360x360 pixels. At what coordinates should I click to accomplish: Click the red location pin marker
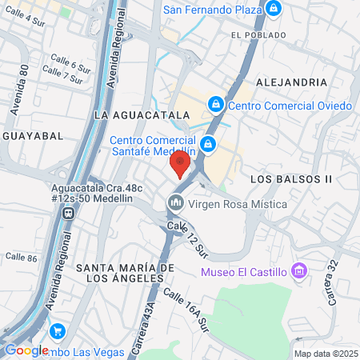click(x=179, y=164)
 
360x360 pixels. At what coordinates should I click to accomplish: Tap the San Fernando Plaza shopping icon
click(x=274, y=9)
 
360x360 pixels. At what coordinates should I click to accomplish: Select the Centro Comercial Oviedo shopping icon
click(x=215, y=105)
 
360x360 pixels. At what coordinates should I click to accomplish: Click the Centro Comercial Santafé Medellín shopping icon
click(x=207, y=144)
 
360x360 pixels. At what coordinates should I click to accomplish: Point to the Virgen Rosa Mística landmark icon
click(x=174, y=204)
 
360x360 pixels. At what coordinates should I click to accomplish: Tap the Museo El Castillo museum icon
click(x=299, y=271)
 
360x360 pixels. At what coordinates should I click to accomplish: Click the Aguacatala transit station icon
click(x=69, y=214)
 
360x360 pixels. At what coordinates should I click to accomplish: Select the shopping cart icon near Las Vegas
click(x=57, y=330)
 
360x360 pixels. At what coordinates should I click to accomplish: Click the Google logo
click(x=26, y=350)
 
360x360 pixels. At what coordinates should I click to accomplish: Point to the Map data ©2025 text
click(x=325, y=354)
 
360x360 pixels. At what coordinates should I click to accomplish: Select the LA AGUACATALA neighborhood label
click(x=141, y=115)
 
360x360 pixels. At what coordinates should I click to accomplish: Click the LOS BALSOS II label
click(x=290, y=178)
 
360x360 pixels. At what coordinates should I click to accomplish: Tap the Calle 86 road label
click(x=21, y=258)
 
